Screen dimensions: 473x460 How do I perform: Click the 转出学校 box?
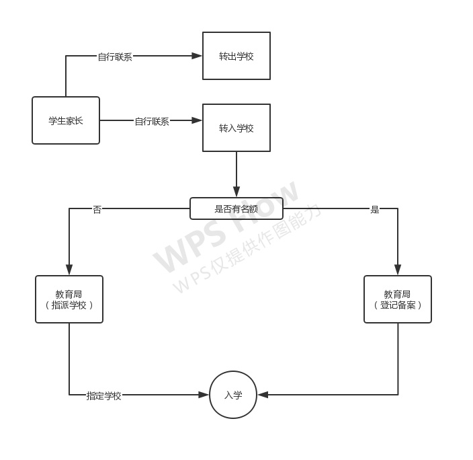pyautogui.click(x=236, y=56)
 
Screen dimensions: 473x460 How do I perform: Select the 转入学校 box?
pyautogui.click(x=236, y=128)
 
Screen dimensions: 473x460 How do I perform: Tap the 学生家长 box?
pyautogui.click(x=66, y=120)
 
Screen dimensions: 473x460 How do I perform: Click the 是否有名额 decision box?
pyautogui.click(x=236, y=208)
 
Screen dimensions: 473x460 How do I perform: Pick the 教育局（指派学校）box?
pyautogui.click(x=69, y=299)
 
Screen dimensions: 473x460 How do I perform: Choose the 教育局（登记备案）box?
pyautogui.click(x=398, y=299)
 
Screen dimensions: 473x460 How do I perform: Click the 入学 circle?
pyautogui.click(x=233, y=395)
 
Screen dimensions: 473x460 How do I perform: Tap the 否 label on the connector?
pyautogui.click(x=97, y=209)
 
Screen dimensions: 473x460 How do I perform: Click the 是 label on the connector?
pyautogui.click(x=375, y=209)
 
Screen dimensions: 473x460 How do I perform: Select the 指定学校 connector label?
pyautogui.click(x=103, y=395)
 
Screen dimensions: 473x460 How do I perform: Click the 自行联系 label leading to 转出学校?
pyautogui.click(x=115, y=56)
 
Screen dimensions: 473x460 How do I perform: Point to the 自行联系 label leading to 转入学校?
pyautogui.click(x=152, y=122)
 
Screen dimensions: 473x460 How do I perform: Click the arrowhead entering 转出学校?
pyautogui.click(x=197, y=56)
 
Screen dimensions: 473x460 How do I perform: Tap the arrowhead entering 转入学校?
pyautogui.click(x=197, y=120)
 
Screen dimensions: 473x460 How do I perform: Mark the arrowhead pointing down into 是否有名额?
pyautogui.click(x=236, y=192)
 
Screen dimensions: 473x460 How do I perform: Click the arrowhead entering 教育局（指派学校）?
pyautogui.click(x=69, y=270)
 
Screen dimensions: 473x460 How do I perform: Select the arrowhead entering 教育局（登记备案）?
pyautogui.click(x=398, y=270)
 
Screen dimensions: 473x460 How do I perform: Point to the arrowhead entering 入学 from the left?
pyautogui.click(x=204, y=395)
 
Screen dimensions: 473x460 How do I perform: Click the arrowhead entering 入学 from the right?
pyautogui.click(x=263, y=395)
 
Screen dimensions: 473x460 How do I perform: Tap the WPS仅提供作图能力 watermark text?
pyautogui.click(x=247, y=248)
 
